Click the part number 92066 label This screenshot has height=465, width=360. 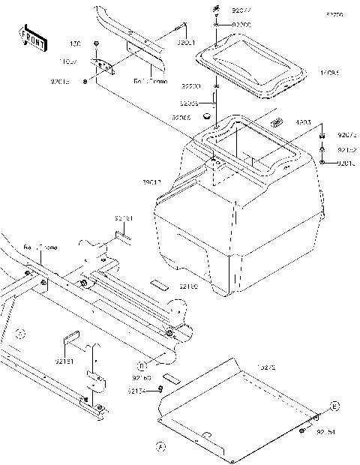(181, 118)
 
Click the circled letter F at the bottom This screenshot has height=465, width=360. (158, 448)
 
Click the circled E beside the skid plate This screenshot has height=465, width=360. (335, 406)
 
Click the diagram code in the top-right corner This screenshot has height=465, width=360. (334, 15)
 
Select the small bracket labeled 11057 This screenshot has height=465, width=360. (103, 67)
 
